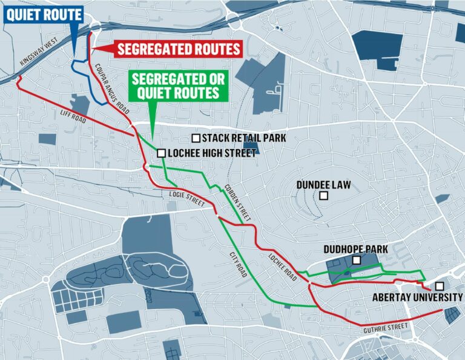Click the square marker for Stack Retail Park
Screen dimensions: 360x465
tap(196, 138)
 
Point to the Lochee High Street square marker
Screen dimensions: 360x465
tap(162, 153)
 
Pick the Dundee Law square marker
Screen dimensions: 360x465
tap(324, 195)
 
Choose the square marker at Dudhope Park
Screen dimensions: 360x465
tap(357, 260)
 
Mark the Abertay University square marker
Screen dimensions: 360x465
tap(439, 286)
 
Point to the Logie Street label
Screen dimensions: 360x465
tap(186, 200)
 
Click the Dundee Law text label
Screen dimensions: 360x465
tap(324, 184)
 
